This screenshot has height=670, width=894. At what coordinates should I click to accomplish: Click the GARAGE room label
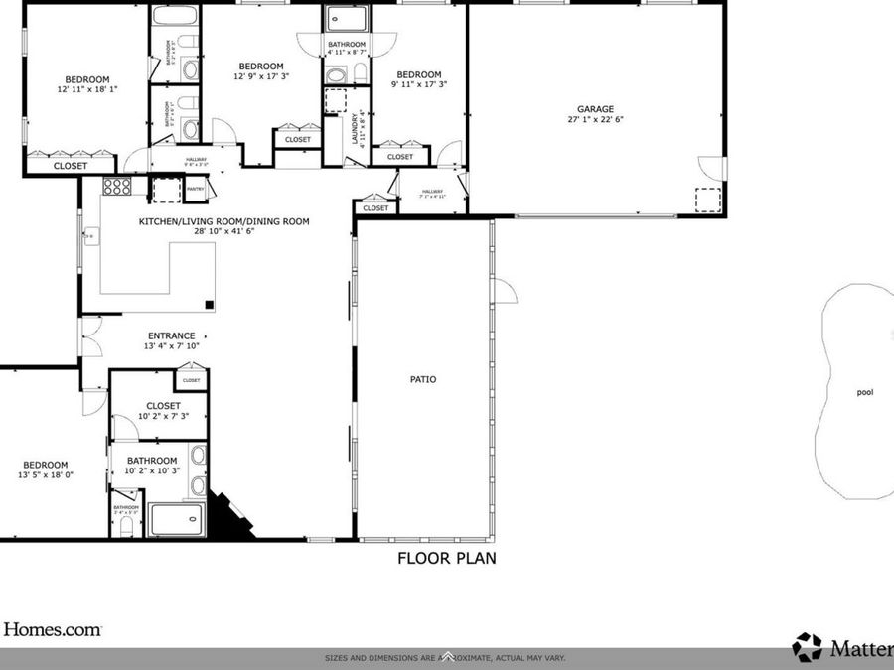pyautogui.click(x=596, y=109)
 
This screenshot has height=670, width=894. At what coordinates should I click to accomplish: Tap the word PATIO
pyautogui.click(x=423, y=379)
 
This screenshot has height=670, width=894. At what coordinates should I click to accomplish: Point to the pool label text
pyautogui.click(x=865, y=392)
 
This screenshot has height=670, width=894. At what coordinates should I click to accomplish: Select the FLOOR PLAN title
pyautogui.click(x=447, y=558)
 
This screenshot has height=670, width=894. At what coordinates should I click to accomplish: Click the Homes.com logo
pyautogui.click(x=52, y=629)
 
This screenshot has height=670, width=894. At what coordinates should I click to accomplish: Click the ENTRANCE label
pyautogui.click(x=172, y=335)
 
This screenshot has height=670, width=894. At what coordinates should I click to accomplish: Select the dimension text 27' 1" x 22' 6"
pyautogui.click(x=596, y=119)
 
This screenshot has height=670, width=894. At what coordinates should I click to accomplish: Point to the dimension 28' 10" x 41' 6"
pyautogui.click(x=223, y=231)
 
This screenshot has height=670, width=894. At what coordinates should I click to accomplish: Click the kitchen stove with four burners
pyautogui.click(x=117, y=187)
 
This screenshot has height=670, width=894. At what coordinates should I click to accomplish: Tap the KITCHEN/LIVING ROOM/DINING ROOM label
pyautogui.click(x=223, y=221)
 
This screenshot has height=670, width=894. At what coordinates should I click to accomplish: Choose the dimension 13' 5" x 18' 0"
pyautogui.click(x=46, y=475)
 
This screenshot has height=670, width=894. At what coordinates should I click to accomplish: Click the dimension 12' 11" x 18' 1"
pyautogui.click(x=87, y=89)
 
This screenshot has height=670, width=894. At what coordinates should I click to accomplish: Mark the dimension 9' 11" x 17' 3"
pyautogui.click(x=418, y=84)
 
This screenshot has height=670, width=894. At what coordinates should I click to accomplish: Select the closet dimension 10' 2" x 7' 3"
pyautogui.click(x=163, y=416)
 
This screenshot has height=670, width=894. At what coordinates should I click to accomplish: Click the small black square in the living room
pyautogui.click(x=210, y=305)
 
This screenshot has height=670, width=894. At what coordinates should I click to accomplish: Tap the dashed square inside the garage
pyautogui.click(x=707, y=200)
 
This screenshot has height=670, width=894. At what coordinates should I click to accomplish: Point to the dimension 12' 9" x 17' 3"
pyautogui.click(x=261, y=76)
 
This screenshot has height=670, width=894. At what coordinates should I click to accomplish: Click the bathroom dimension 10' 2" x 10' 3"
pyautogui.click(x=152, y=470)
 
